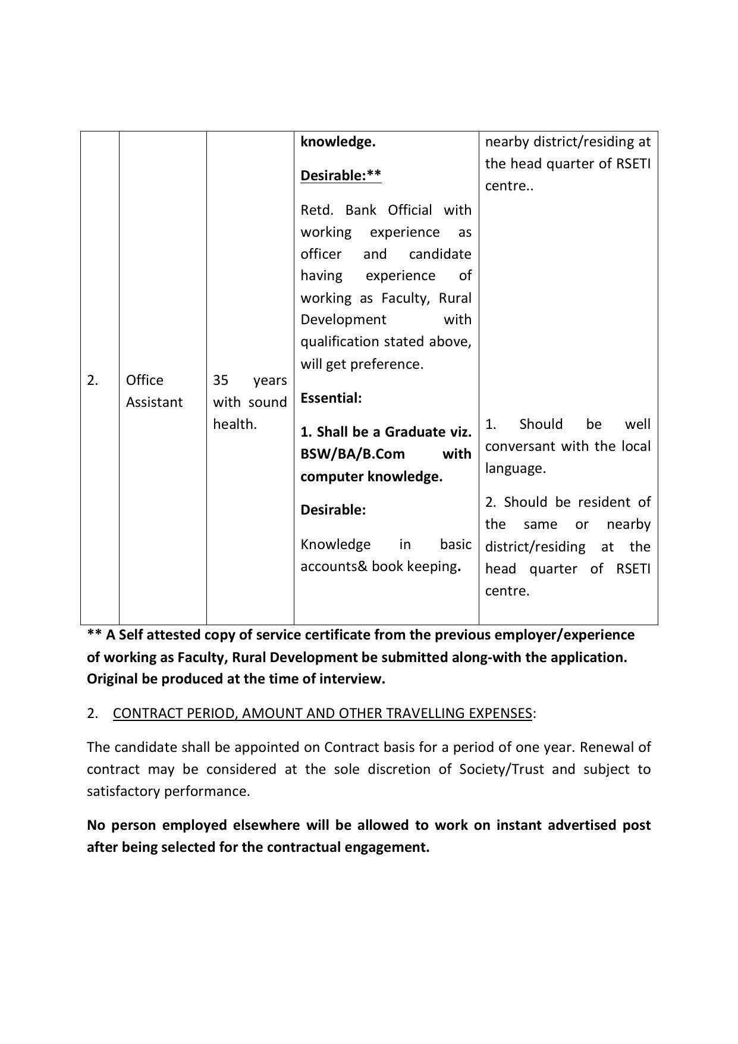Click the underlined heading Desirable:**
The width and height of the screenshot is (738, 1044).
tap(341, 175)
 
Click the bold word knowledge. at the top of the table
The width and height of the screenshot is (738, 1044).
tap(338, 142)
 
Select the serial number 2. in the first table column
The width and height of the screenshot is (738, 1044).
tap(93, 380)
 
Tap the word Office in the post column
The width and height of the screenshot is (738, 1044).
tap(145, 380)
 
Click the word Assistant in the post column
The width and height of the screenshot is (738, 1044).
tap(154, 402)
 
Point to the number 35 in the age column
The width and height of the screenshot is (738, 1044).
tap(221, 380)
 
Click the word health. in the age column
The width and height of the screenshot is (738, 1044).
tap(235, 424)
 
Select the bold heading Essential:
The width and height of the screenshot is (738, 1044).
tap(331, 398)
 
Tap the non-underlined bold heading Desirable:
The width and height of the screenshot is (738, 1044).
tap(333, 510)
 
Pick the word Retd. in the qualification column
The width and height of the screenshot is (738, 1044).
tap(318, 210)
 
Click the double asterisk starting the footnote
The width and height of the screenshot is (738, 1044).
tap(95, 635)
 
